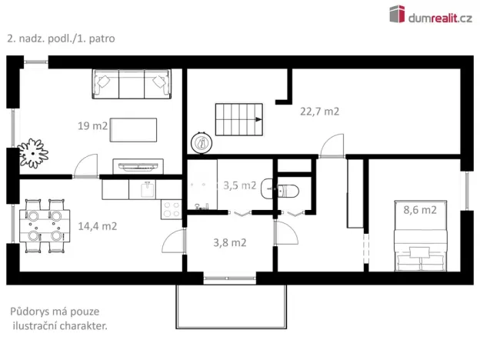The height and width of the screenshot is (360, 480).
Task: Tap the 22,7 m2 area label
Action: (x=319, y=111)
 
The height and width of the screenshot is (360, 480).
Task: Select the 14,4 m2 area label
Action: (x=98, y=226)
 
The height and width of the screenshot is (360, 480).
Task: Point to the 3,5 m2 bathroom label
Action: (x=239, y=185)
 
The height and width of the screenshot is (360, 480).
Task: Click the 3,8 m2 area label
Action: (x=229, y=242)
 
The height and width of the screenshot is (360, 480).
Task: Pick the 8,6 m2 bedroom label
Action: (x=420, y=209)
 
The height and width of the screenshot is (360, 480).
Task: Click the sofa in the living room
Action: (x=132, y=83)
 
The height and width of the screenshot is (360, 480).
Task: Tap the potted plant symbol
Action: (x=33, y=152)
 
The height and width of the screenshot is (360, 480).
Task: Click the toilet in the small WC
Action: (x=288, y=191)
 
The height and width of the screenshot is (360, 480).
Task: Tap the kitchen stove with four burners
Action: (x=170, y=207)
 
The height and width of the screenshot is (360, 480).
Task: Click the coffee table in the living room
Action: (x=135, y=129)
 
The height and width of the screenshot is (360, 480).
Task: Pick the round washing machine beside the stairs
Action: (x=202, y=142)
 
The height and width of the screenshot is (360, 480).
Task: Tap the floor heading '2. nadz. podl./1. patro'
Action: (x=60, y=37)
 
